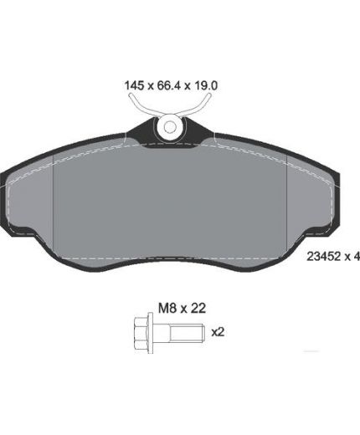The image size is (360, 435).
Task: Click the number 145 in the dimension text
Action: (134, 85)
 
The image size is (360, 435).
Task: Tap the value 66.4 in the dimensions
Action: (170, 85)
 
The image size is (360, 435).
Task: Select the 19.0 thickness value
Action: (206, 85)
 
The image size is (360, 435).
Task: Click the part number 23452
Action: (324, 256)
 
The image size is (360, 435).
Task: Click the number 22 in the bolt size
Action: (198, 308)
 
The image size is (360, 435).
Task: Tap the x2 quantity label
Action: (218, 332)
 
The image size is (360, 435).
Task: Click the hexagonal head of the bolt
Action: (141, 333)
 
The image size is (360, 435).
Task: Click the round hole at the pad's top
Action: (170, 127)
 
